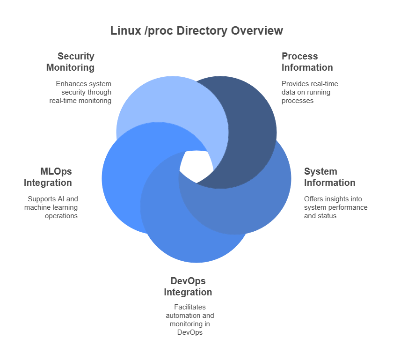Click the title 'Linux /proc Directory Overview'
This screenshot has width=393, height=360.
click(x=196, y=31)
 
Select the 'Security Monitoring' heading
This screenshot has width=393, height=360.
click(x=70, y=62)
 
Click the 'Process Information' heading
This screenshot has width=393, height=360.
click(x=307, y=62)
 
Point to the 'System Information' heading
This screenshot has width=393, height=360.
click(x=329, y=177)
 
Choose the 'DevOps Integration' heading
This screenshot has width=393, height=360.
click(x=188, y=287)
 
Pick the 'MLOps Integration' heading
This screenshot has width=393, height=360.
click(x=48, y=177)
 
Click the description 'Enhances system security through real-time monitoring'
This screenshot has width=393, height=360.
click(x=80, y=92)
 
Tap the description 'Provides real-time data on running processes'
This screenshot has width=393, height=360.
click(x=310, y=92)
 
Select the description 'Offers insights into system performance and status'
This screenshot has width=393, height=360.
click(x=335, y=207)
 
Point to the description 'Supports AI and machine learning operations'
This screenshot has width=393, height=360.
click(x=51, y=207)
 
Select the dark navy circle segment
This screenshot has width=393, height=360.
click(x=248, y=131)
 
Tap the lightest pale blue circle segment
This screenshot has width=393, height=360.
click(x=159, y=103)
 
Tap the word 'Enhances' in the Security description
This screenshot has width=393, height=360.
click(x=71, y=84)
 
